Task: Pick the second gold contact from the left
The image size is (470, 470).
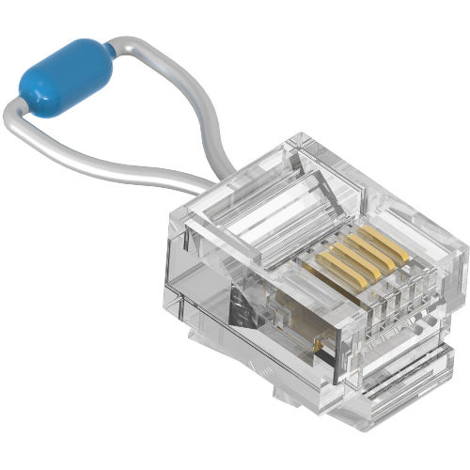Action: (x=342, y=258)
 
